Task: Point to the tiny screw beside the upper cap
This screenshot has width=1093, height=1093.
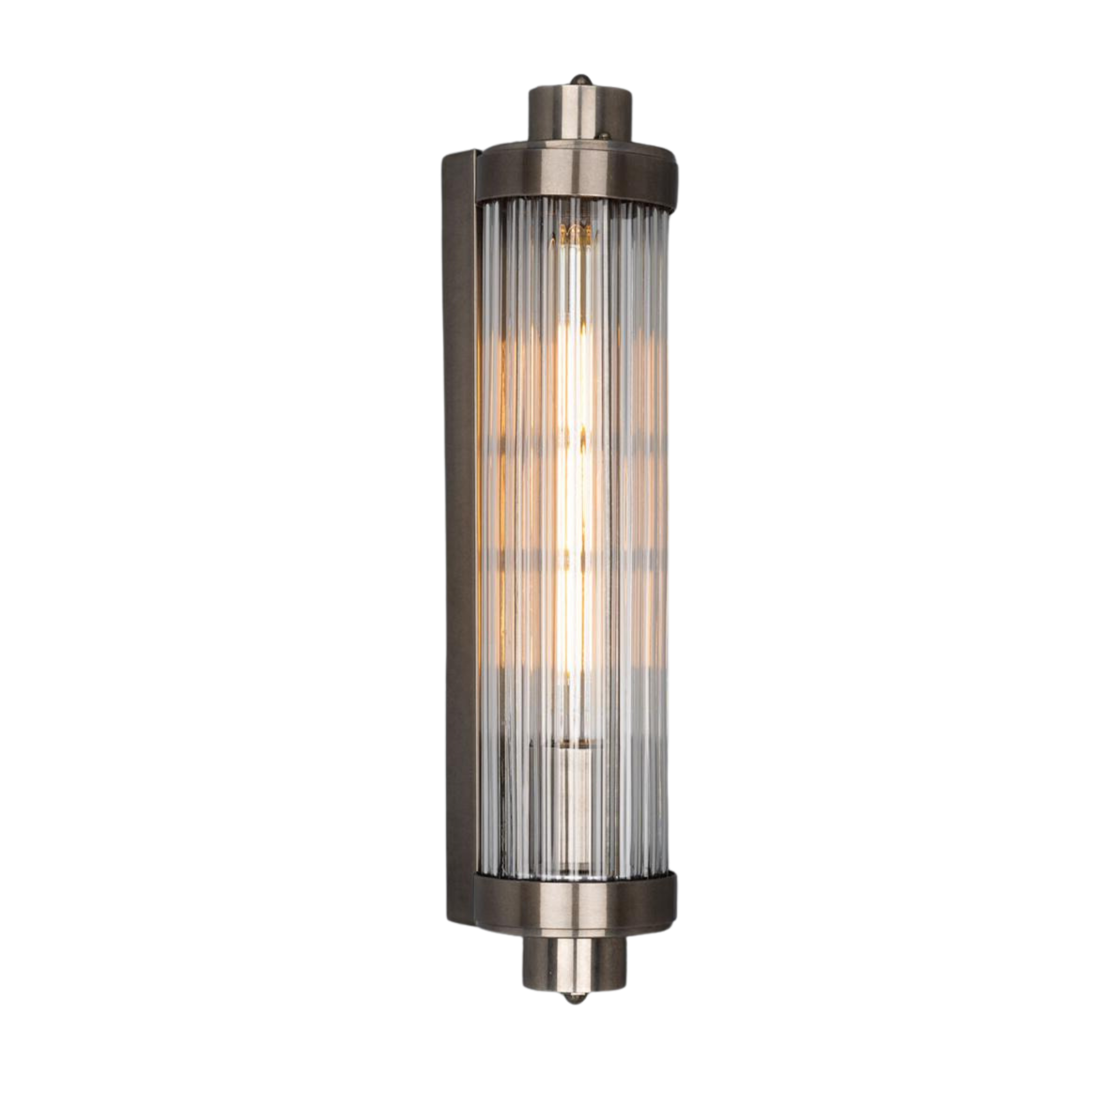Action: pos(605,136)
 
